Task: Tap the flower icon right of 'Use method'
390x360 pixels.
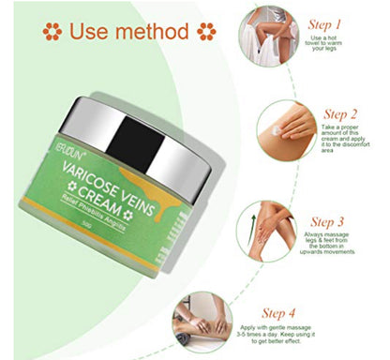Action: (205, 33)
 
